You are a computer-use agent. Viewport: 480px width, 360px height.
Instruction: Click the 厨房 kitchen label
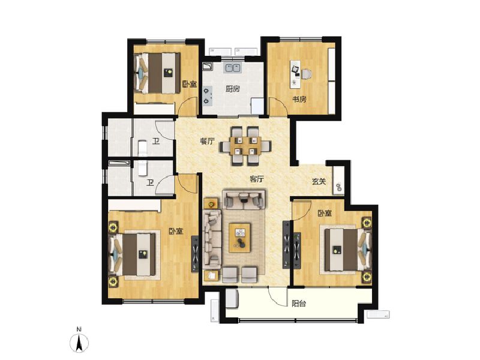coord(232,89)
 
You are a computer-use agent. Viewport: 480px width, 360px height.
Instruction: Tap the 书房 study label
coord(299,99)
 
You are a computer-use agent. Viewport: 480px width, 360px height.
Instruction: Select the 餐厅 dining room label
coord(207,141)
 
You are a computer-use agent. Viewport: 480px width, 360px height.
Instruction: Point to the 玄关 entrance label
coord(319,182)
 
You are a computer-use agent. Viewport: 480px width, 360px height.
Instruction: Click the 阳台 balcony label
coord(299,304)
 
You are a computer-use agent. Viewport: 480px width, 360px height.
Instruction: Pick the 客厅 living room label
coord(257,179)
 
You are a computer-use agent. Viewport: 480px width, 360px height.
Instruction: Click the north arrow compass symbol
coord(79,340)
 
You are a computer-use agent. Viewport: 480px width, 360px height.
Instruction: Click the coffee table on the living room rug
coord(239,238)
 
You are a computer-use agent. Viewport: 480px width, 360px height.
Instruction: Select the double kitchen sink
coord(232,67)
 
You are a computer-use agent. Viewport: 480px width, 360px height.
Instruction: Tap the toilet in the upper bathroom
coord(142,148)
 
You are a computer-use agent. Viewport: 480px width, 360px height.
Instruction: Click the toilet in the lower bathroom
coord(143,169)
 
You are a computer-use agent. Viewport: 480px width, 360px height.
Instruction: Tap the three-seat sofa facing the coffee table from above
coord(244,199)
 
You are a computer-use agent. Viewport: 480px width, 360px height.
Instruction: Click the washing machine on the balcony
coord(232,298)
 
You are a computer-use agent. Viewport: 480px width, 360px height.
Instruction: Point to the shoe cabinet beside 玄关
coord(338,181)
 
